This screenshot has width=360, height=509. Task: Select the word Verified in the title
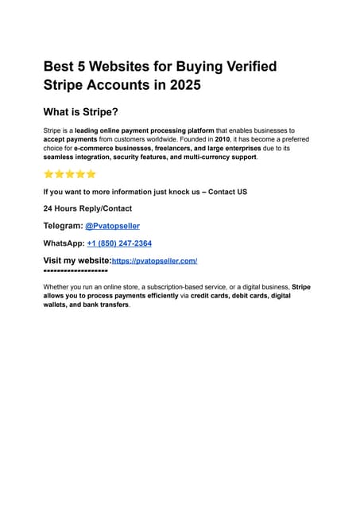coord(246,66)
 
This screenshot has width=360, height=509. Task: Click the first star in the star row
coord(48,174)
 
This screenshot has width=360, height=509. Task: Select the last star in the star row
coord(91,174)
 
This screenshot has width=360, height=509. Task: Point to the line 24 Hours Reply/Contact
coord(87,208)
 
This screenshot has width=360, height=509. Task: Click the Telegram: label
coord(63,226)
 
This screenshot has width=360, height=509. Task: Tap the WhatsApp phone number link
coord(119,243)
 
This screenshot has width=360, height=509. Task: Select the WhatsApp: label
coord(64,243)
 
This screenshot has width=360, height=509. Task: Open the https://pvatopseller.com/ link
coord(154,261)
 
